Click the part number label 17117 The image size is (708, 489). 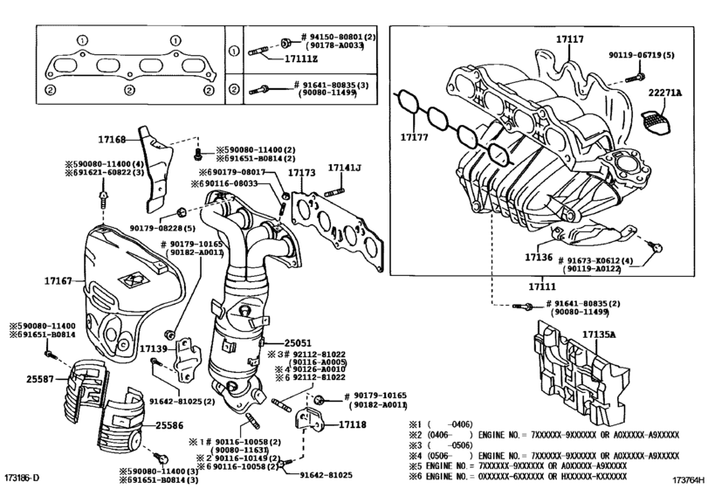[570, 39]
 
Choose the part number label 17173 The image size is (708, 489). [300, 173]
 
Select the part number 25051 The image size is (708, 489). [298, 343]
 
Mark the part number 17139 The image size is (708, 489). [154, 348]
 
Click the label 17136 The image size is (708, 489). [540, 258]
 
